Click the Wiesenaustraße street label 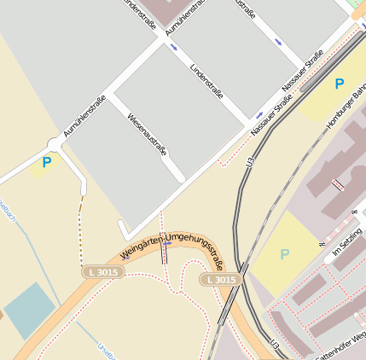(x=147, y=135)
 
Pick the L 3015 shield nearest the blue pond (x=105, y=271)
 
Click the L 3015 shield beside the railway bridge (x=219, y=280)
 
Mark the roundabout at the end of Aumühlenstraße (x=57, y=145)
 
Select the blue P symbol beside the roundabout (x=46, y=161)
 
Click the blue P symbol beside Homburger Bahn (x=339, y=84)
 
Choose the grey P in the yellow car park (x=284, y=253)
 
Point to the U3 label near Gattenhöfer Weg (x=275, y=343)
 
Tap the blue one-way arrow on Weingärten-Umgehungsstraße (x=168, y=243)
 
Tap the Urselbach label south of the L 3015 (x=106, y=350)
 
